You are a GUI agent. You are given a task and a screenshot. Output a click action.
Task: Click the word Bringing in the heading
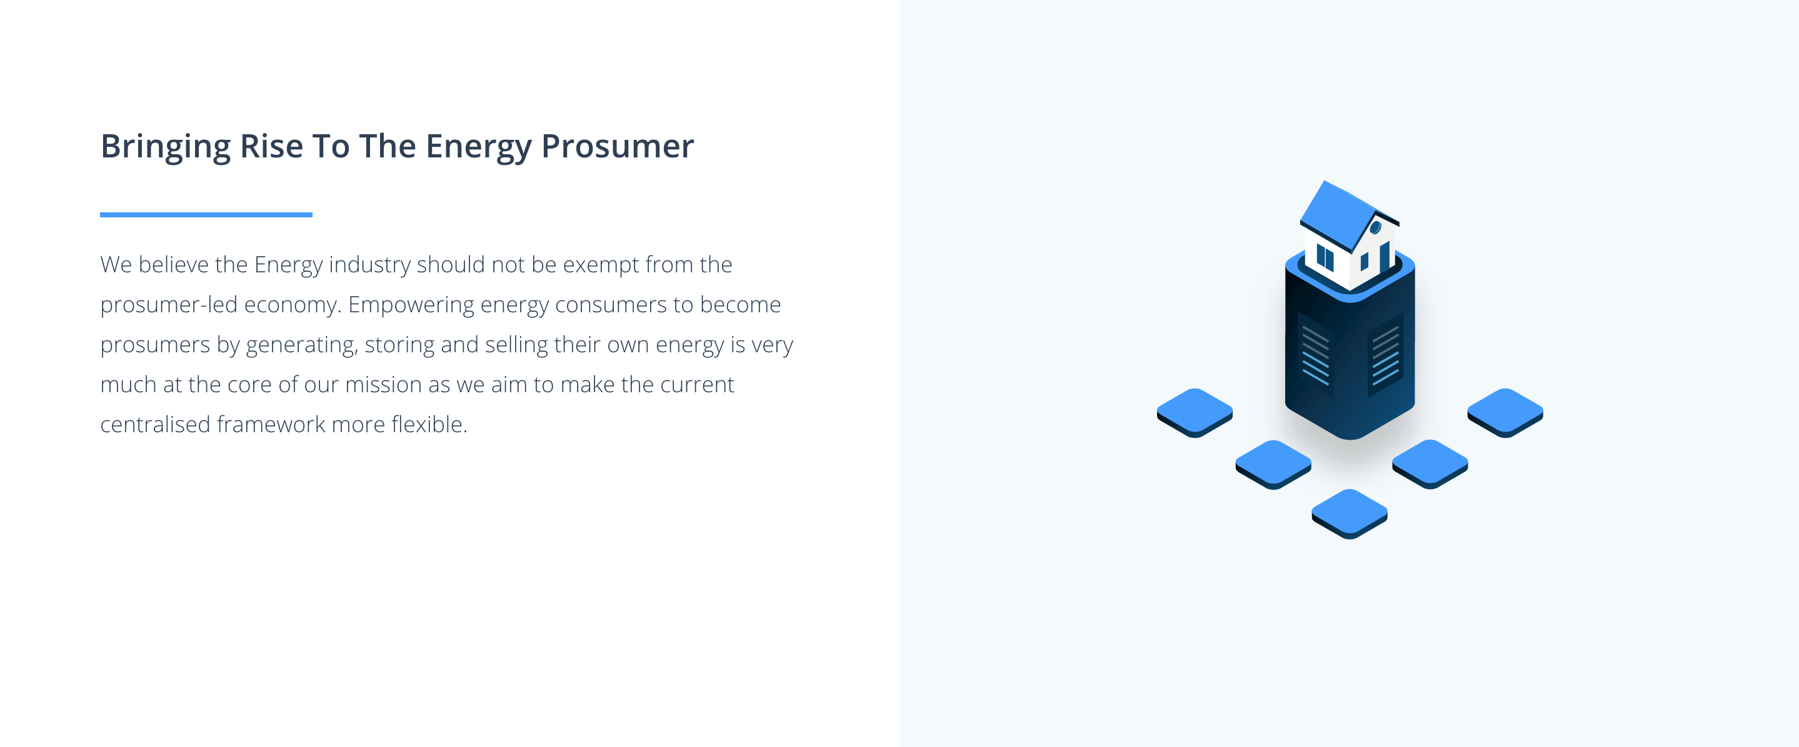(166, 147)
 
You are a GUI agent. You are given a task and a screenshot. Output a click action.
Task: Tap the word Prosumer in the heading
(618, 146)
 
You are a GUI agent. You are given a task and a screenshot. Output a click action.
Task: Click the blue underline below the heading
(206, 214)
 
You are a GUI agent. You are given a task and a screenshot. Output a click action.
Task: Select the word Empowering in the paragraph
(411, 305)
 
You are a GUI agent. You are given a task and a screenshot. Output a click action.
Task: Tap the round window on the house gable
(1375, 227)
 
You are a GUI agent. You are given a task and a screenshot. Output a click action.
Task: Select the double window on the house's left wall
(1325, 257)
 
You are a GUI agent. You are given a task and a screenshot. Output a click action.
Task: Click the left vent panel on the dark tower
(1316, 355)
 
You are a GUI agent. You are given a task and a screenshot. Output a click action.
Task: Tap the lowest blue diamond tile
(1349, 514)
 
